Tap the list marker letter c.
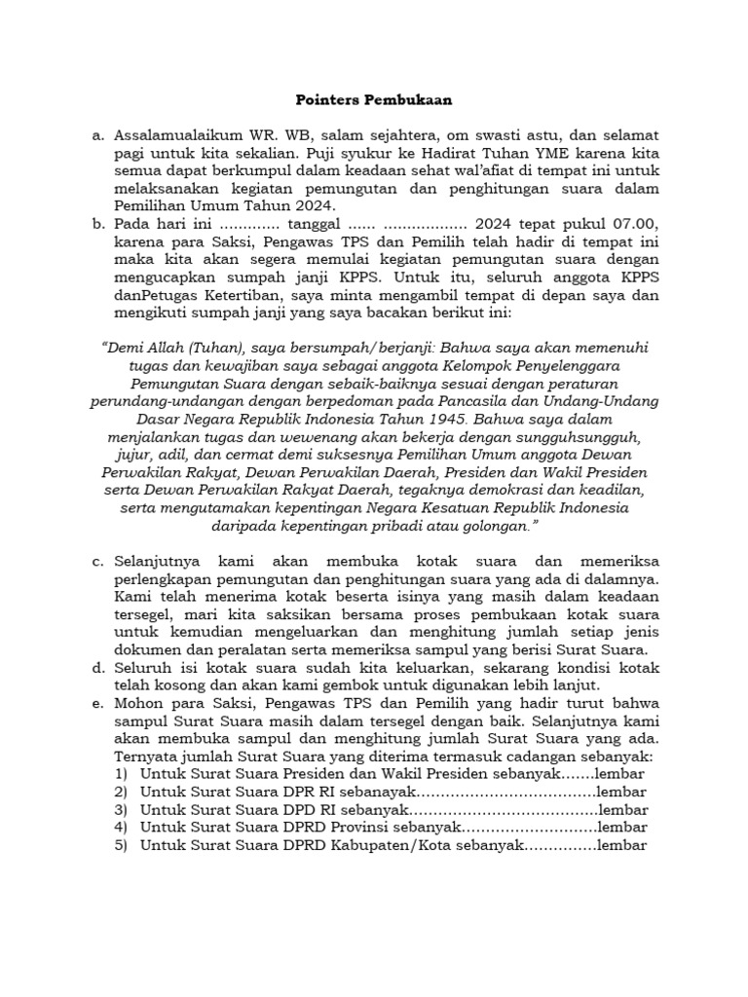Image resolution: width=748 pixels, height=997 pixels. pos(97,563)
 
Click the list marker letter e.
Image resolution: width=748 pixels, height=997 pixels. pos(97,703)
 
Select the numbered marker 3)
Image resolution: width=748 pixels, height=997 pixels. pos(120,809)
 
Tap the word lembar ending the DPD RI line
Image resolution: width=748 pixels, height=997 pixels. pos(622,809)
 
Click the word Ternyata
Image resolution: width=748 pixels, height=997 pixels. pos(147,757)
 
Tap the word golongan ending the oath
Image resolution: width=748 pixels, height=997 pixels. pos(493,526)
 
